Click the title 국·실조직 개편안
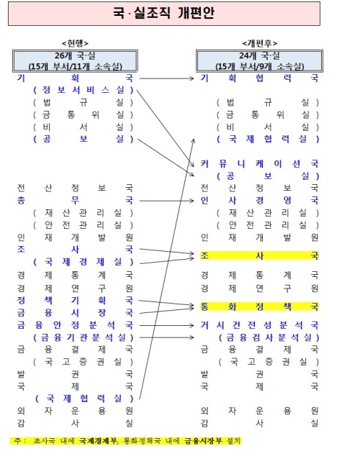pyautogui.click(x=163, y=13)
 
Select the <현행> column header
pyautogui.click(x=75, y=43)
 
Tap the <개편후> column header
pyautogui.click(x=260, y=43)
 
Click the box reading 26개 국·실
pyautogui.click(x=75, y=61)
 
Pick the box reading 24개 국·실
pyautogui.click(x=259, y=61)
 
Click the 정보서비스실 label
pyautogui.click(x=84, y=90)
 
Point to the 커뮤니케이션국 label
pyautogui.click(x=259, y=163)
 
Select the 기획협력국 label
pyautogui.click(x=259, y=78)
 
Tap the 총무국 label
pyautogui.click(x=75, y=200)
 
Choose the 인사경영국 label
pyautogui.click(x=259, y=200)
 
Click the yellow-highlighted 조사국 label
pyautogui.click(x=259, y=255)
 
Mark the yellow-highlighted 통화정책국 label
pyautogui.click(x=259, y=306)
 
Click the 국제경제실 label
pyautogui.click(x=84, y=262)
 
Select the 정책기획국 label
pyautogui.click(x=75, y=301)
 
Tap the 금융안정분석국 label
pyautogui.click(x=75, y=325)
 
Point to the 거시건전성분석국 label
pyautogui.click(x=259, y=325)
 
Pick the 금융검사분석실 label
pyautogui.click(x=269, y=337)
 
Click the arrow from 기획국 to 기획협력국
pyautogui.click(x=166, y=78)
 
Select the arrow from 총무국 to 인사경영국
pyautogui.click(x=166, y=201)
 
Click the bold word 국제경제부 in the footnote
pyautogui.click(x=99, y=441)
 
